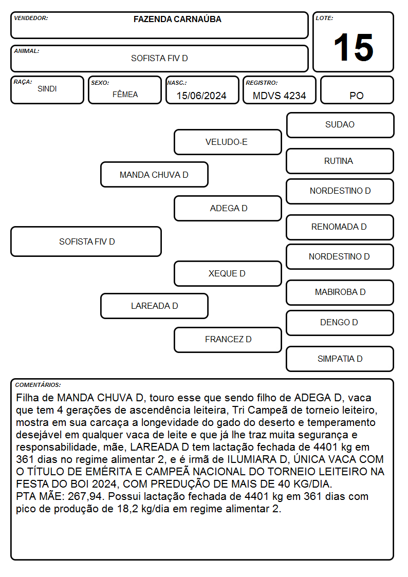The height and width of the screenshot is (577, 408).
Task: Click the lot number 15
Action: coord(354,47)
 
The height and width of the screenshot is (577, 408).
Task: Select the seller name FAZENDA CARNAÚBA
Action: coord(177,19)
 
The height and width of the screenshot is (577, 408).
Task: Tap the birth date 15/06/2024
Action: coord(201,96)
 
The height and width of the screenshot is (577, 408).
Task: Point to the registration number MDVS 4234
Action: coord(279,96)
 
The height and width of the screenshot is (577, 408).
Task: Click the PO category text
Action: coord(357,96)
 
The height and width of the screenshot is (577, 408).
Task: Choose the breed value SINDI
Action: coord(47,89)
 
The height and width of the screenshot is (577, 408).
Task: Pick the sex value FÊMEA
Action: coord(125,94)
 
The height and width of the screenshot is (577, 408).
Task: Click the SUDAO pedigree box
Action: coord(340,125)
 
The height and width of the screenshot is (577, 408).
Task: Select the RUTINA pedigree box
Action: coord(340,161)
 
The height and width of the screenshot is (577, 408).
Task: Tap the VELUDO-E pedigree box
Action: coord(228,142)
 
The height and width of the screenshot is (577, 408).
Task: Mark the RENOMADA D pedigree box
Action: coord(340,227)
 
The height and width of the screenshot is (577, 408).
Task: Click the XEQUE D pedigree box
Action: coord(228,273)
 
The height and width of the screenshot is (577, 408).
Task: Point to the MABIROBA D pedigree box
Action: coord(340,292)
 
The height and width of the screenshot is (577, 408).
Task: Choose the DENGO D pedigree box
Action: coord(340,323)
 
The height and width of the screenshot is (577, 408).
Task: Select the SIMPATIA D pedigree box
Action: coord(340,359)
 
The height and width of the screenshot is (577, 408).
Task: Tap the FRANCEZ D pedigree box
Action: coord(228,340)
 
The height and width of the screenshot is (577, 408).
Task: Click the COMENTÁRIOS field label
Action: coord(38,385)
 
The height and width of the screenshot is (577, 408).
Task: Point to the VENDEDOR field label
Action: coord(31,18)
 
